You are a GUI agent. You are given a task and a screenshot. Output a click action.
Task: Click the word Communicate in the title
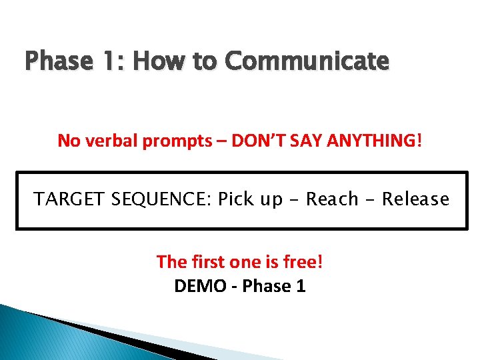pyautogui.click(x=307, y=62)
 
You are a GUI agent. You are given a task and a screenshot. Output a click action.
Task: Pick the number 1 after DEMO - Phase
pyautogui.click(x=301, y=286)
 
